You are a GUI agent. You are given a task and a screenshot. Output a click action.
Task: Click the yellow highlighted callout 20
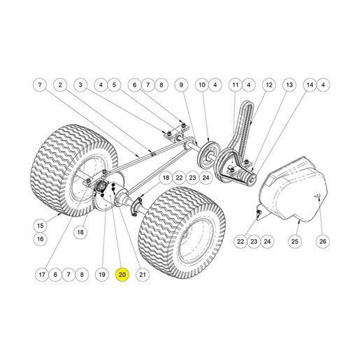(122, 275)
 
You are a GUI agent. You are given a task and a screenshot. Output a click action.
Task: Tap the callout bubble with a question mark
(40, 85)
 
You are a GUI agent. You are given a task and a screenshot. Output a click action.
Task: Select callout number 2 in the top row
(60, 85)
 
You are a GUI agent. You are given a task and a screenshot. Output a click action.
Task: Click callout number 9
(182, 85)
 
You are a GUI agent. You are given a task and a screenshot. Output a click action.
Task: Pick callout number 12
(269, 85)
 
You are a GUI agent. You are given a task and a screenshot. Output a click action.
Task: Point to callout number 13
(289, 85)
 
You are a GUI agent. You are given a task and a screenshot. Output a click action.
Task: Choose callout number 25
(295, 241)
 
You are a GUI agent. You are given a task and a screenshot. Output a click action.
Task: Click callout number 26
(323, 241)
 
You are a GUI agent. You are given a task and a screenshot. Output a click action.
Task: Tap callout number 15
(41, 226)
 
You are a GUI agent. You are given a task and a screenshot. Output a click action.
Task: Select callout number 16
(41, 239)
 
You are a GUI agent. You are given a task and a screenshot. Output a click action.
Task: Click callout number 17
(42, 275)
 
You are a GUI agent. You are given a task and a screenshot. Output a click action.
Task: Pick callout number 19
(102, 275)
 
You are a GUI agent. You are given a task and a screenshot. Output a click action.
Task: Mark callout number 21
(143, 275)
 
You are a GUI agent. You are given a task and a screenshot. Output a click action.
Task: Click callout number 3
(80, 85)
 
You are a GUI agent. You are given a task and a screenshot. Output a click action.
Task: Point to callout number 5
(114, 85)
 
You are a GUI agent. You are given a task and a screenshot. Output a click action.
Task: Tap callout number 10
(202, 85)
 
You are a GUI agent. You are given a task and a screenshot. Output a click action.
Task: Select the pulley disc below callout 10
(208, 153)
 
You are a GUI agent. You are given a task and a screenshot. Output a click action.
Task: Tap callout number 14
(310, 85)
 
